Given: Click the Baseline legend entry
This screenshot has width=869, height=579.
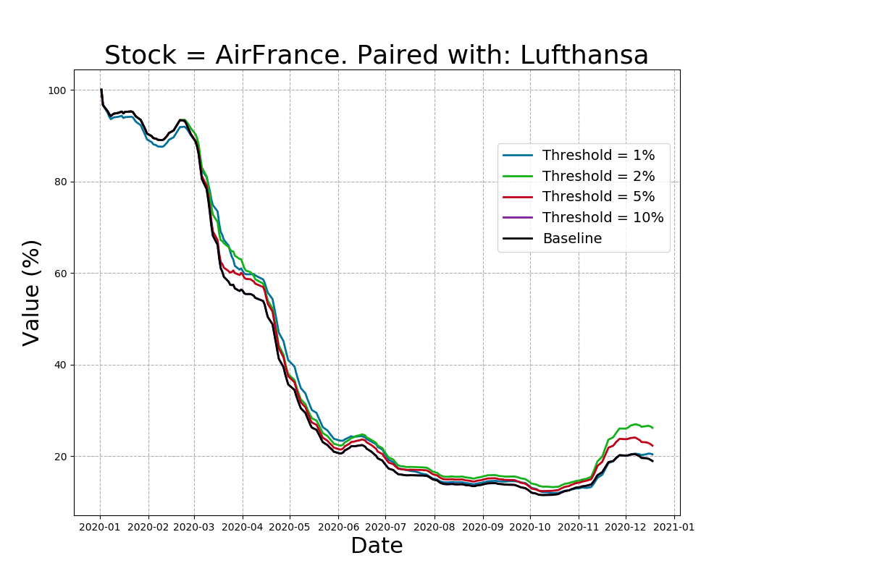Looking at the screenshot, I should pyautogui.click(x=571, y=239).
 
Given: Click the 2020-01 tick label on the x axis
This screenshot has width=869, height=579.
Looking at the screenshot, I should pyautogui.click(x=100, y=527).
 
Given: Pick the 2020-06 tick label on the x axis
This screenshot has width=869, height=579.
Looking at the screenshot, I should pyautogui.click(x=338, y=527).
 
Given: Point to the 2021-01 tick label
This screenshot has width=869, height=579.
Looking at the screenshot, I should pyautogui.click(x=674, y=527).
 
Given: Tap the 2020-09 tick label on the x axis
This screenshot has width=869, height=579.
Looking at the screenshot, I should pyautogui.click(x=482, y=527).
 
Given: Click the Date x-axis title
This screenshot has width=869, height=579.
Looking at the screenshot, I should pyautogui.click(x=377, y=546).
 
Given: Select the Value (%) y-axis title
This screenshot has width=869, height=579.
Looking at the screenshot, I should pyautogui.click(x=32, y=292).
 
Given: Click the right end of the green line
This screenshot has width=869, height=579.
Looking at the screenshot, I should pyautogui.click(x=652, y=428).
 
